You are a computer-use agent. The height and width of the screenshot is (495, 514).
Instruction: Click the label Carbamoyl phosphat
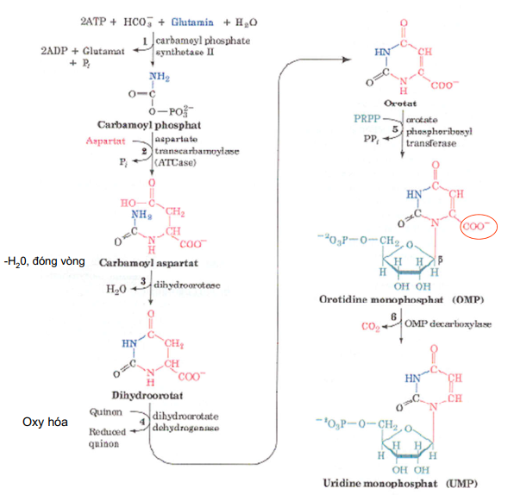pos(149,124)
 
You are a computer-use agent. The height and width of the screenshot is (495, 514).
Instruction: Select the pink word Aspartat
pos(104,140)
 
